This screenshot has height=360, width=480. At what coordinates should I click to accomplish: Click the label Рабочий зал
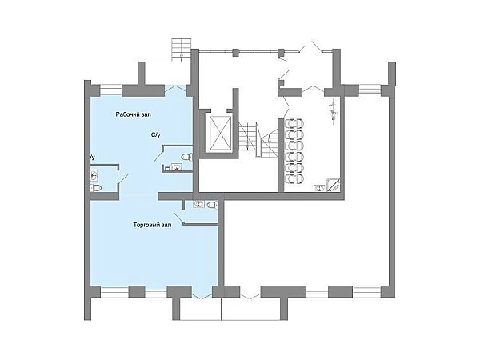pyautogui.click(x=133, y=114)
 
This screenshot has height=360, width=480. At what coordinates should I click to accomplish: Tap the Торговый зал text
pyautogui.click(x=152, y=225)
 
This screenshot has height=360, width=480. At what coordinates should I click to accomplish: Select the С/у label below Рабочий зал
pyautogui.click(x=155, y=135)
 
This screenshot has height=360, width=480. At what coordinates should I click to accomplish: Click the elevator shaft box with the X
pyautogui.click(x=220, y=134)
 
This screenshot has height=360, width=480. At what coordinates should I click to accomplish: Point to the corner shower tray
pyautogui.click(x=333, y=185)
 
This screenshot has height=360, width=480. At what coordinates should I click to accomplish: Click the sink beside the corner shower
pyautogui.click(x=319, y=188)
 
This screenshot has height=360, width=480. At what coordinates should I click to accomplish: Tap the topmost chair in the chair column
pyautogui.click(x=294, y=124)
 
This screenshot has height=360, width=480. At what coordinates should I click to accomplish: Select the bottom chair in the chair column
pyautogui.click(x=294, y=178)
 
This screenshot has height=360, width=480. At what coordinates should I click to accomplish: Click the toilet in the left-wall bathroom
pyautogui.click(x=96, y=188)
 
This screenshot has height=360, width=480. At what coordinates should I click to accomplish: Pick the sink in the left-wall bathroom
pyautogui.click(x=94, y=175)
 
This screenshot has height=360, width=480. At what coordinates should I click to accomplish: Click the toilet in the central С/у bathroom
pyautogui.click(x=186, y=158)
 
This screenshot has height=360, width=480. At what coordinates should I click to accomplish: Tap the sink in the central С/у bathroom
pyautogui.click(x=176, y=167)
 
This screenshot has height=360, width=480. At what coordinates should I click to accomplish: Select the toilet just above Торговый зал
pyautogui.click(x=212, y=205)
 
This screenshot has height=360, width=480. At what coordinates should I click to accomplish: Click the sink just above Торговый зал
pyautogui.click(x=198, y=204)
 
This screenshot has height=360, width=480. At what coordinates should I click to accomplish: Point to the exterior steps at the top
pyautogui.click(x=182, y=50)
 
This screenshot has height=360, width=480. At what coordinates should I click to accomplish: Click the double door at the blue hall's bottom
pyautogui.click(x=202, y=294)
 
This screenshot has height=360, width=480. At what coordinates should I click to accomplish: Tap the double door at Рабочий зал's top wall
pyautogui.click(x=176, y=89)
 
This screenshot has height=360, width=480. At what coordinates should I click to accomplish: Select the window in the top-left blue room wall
pyautogui.click(x=111, y=90)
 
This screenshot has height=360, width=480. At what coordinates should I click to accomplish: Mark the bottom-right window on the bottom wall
pyautogui.click(x=366, y=292)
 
